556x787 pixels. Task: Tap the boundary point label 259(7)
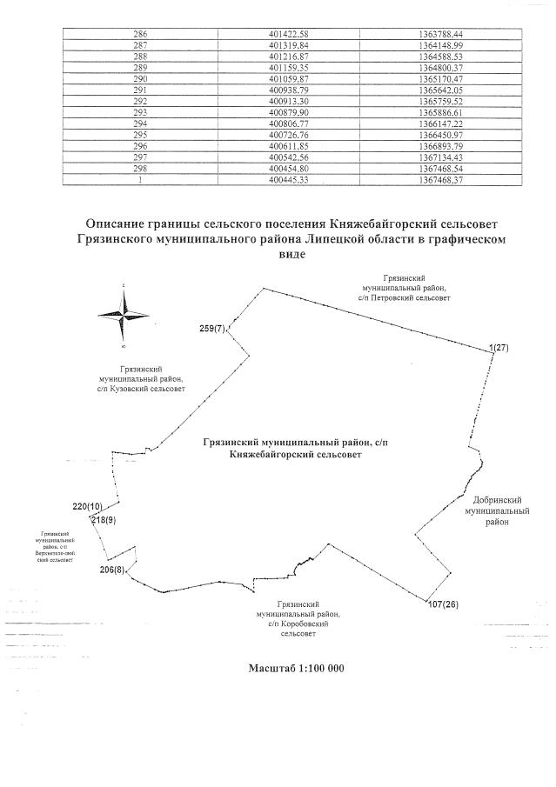[x=212, y=329]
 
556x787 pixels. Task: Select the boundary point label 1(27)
[x=499, y=348]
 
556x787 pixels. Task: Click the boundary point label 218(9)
[x=104, y=519]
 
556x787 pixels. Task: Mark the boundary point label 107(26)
[x=444, y=603]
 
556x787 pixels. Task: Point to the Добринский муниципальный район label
[x=497, y=512]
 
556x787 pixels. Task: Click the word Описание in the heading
[x=120, y=223]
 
